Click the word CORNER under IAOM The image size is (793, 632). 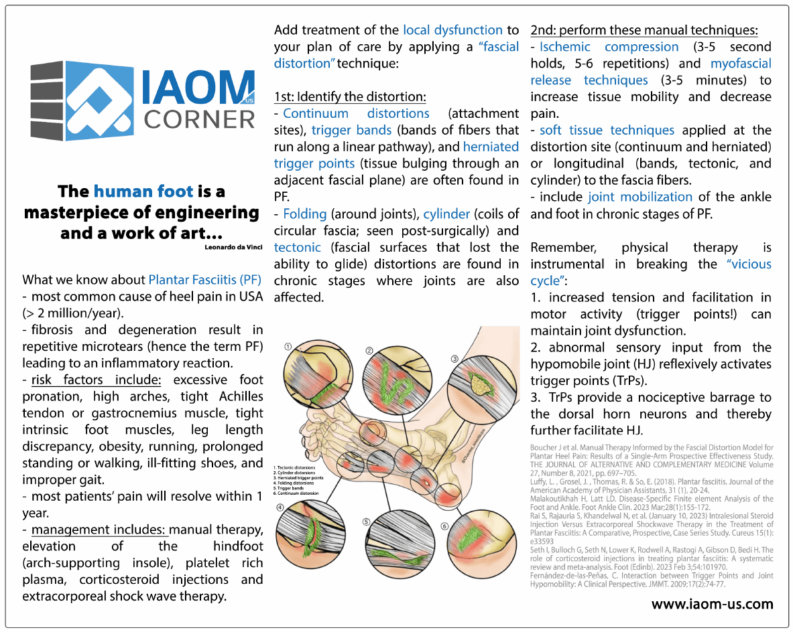200,118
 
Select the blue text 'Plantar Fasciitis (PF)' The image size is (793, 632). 204,279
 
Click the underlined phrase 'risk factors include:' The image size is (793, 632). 96,380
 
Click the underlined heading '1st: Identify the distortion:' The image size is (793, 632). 350,96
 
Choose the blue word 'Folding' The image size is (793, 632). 305,214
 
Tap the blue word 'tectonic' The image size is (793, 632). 298,247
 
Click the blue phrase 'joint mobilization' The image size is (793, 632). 640,197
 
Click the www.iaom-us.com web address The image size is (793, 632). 712,604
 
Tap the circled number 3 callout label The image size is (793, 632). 454,359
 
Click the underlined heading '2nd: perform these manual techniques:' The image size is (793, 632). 644,30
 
